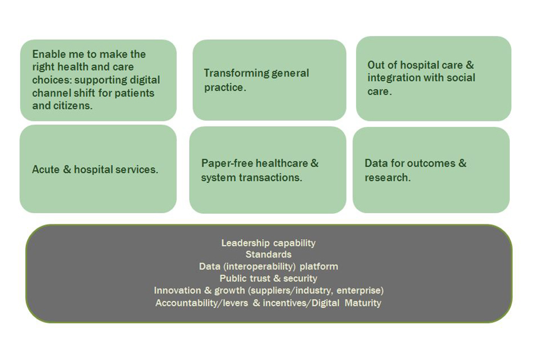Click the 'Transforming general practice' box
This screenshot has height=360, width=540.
point(269,80)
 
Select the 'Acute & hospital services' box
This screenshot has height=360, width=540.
point(98,169)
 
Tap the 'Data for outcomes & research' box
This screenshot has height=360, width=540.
point(431,170)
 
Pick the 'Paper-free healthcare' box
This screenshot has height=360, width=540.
point(268,170)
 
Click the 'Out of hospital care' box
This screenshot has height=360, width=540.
point(434,79)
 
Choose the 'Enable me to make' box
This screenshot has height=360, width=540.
point(98,80)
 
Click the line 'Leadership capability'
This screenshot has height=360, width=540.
point(268,243)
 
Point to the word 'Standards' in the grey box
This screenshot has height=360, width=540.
point(268,255)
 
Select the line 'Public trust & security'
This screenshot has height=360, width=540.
point(268,278)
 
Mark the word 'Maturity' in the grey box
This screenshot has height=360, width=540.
point(363,303)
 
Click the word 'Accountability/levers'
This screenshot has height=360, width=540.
point(201,303)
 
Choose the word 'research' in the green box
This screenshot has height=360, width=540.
point(387,178)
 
